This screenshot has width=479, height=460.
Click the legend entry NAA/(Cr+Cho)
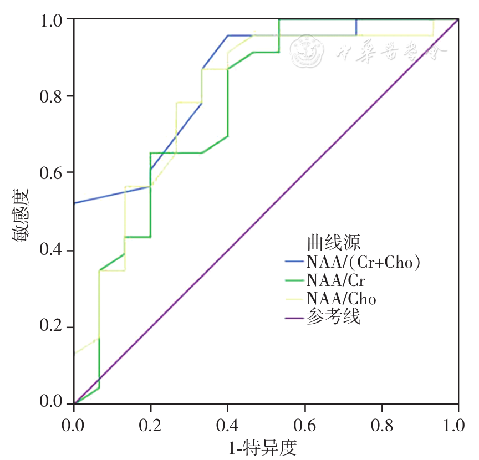click(363, 262)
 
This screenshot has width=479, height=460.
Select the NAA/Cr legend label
click(335, 280)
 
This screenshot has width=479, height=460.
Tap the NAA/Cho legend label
click(341, 299)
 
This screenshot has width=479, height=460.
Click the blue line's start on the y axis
click(74, 203)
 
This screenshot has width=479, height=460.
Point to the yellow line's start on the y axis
click(74, 353)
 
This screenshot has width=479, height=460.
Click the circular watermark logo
click(307, 50)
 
